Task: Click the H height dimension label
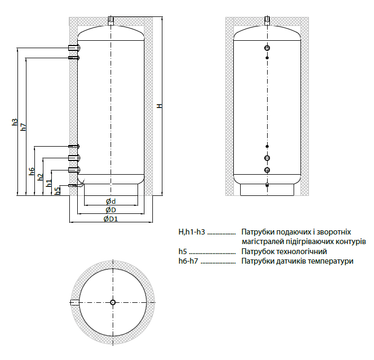(x=158, y=106)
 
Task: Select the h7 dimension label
(x=23, y=128)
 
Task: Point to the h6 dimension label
(x=32, y=171)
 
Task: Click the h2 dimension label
(x=40, y=177)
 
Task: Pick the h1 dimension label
(x=49, y=183)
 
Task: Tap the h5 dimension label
(x=58, y=190)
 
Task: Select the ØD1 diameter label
(x=111, y=219)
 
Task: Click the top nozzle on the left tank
(x=111, y=21)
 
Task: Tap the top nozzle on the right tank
(x=268, y=21)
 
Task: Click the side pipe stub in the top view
(x=75, y=302)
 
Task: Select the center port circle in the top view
(x=113, y=302)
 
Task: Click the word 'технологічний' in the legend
(x=303, y=251)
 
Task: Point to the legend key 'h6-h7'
(x=189, y=261)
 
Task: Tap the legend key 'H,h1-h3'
(x=191, y=232)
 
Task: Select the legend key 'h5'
(x=182, y=251)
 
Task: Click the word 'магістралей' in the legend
(x=261, y=241)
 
